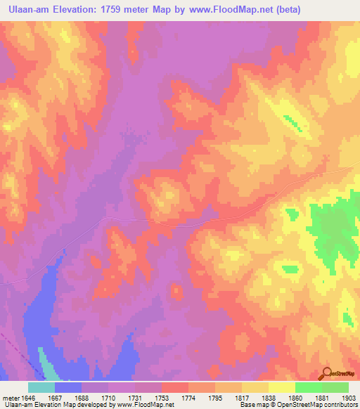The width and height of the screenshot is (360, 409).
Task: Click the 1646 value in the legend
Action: pyautogui.click(x=27, y=398)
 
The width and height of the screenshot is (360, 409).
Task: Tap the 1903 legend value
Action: pyautogui.click(x=348, y=398)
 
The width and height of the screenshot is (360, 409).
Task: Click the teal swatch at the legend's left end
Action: pyautogui.click(x=41, y=387)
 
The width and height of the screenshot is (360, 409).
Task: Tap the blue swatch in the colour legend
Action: pyautogui.click(x=68, y=387)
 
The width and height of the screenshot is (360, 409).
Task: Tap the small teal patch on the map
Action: pyautogui.click(x=46, y=365)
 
